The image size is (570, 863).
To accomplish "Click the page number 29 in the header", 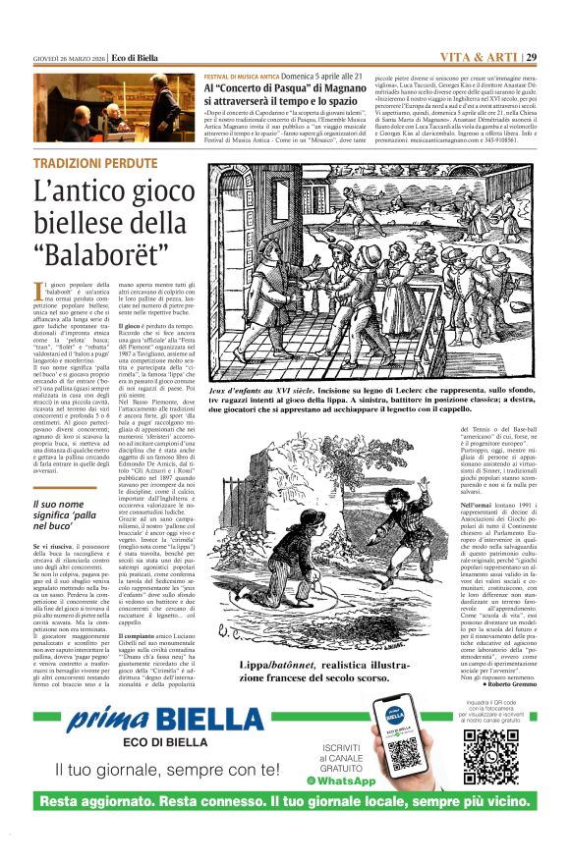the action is pos(532,57).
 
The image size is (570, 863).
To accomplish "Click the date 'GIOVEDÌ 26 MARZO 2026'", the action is pos(68,57).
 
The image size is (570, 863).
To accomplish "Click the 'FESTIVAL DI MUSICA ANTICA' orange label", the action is pos(242,77).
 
